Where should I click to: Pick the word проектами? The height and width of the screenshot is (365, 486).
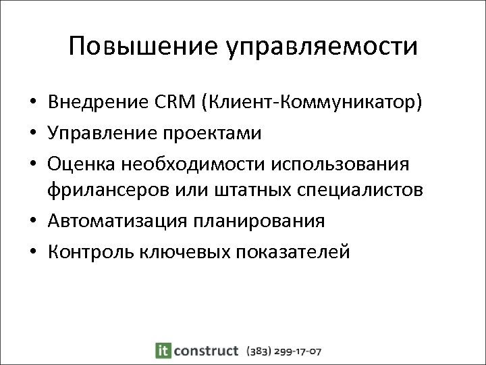pos(216,133)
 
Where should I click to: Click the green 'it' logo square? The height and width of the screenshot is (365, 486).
pos(163,350)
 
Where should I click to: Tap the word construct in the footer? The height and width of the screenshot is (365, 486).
pos(206,350)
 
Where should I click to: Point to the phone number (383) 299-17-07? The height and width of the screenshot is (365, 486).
pos(283,351)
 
